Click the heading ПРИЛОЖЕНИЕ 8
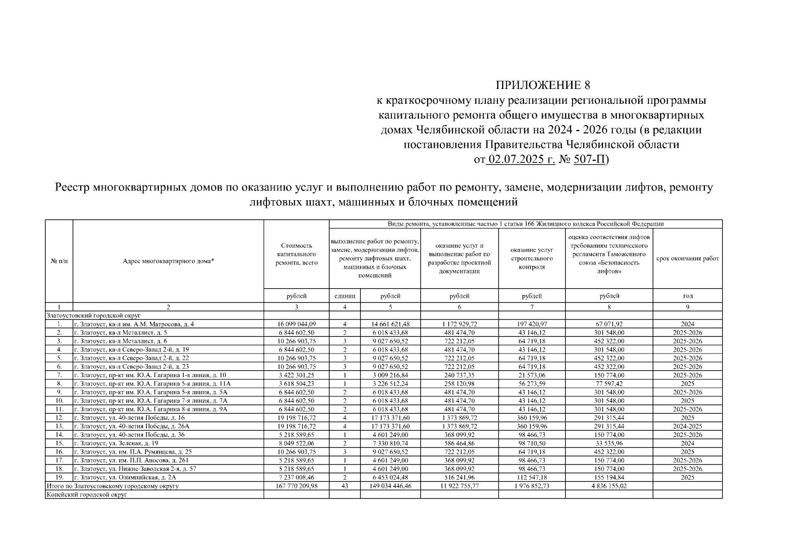click(x=543, y=85)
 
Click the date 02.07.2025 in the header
click(x=521, y=160)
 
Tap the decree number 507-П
click(x=589, y=160)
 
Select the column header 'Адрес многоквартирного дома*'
click(x=168, y=261)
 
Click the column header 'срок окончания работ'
click(x=687, y=259)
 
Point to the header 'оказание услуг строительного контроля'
click(x=532, y=259)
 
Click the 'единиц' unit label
click(x=345, y=296)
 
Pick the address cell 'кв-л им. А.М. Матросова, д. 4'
click(x=134, y=324)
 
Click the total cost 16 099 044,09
click(x=296, y=324)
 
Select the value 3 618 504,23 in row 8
click(x=296, y=384)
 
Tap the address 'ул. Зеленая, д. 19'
click(x=119, y=443)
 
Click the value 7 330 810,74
click(x=390, y=443)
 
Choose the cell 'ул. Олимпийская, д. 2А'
click(x=125, y=477)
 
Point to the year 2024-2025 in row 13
click(x=687, y=426)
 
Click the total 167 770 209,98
click(x=296, y=486)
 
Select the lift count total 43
click(x=345, y=486)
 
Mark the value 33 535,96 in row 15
click(x=609, y=443)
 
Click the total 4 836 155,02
click(x=609, y=486)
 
